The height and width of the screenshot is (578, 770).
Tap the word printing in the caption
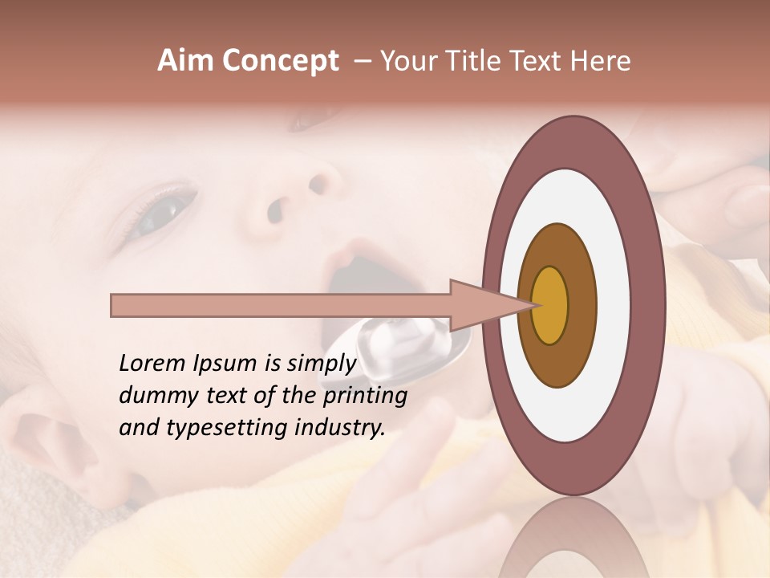(365, 396)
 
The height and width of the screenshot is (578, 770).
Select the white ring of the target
(613, 305)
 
